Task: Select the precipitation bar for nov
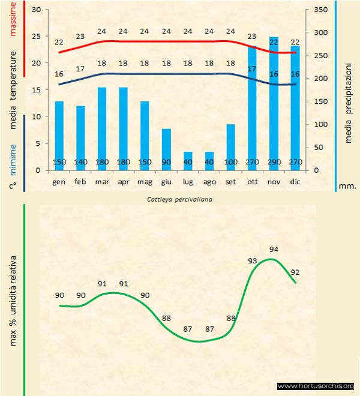point(274,102)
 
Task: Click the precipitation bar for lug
point(188,161)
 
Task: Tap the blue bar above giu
point(166,149)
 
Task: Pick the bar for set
point(231,146)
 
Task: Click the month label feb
point(80,181)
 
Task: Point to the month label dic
point(295,181)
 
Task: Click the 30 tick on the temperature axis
point(35,10)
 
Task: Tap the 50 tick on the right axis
point(319,147)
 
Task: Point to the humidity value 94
point(274,249)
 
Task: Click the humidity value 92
point(295,271)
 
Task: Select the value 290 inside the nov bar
point(274,163)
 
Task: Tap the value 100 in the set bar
point(231,163)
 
